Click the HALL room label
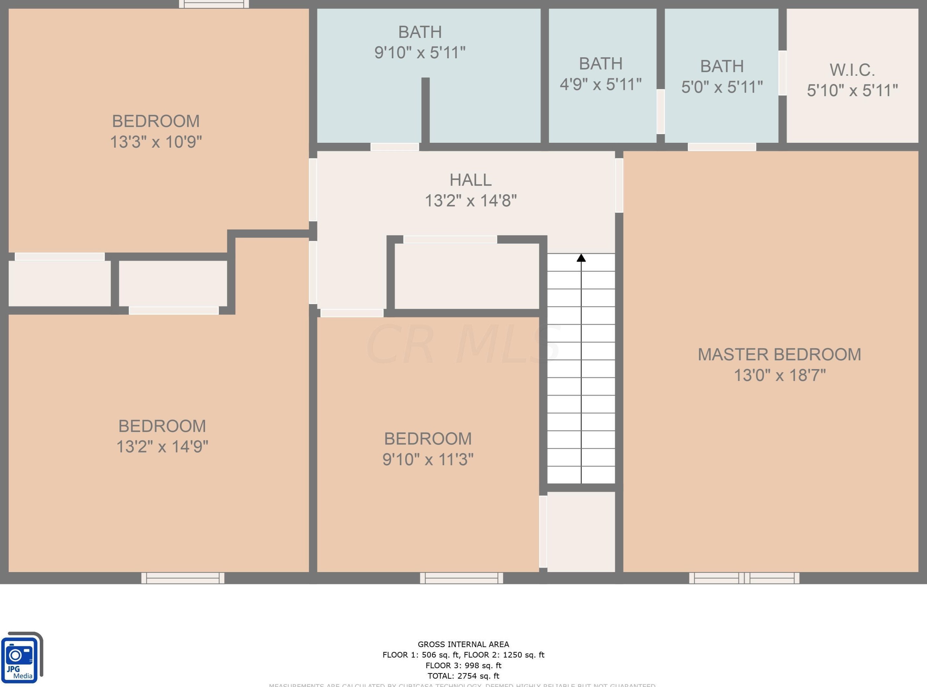pyautogui.click(x=471, y=180)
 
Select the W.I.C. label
pyautogui.click(x=852, y=70)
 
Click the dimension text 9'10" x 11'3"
pyautogui.click(x=428, y=459)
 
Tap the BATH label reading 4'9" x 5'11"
pyautogui.click(x=601, y=64)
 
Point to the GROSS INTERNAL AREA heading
pyautogui.click(x=463, y=644)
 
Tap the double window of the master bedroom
pyautogui.click(x=744, y=578)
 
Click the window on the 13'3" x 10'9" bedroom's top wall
pyautogui.click(x=214, y=4)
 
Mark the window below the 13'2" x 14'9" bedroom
pyautogui.click(x=183, y=578)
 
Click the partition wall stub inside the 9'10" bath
pyautogui.click(x=425, y=110)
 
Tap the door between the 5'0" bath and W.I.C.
pyautogui.click(x=782, y=73)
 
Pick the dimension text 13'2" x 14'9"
pyautogui.click(x=162, y=447)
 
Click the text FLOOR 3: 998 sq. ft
pyautogui.click(x=463, y=665)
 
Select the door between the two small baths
pyautogui.click(x=660, y=111)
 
